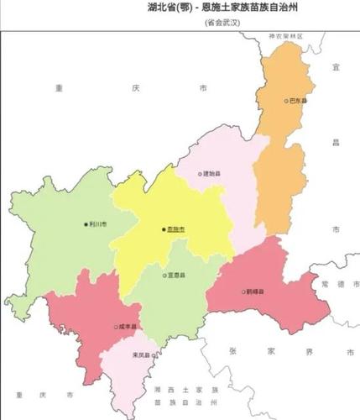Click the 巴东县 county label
click(298, 100)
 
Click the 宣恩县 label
click(177, 275)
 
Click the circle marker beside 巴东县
click(285, 100)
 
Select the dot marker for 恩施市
click(163, 228)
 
